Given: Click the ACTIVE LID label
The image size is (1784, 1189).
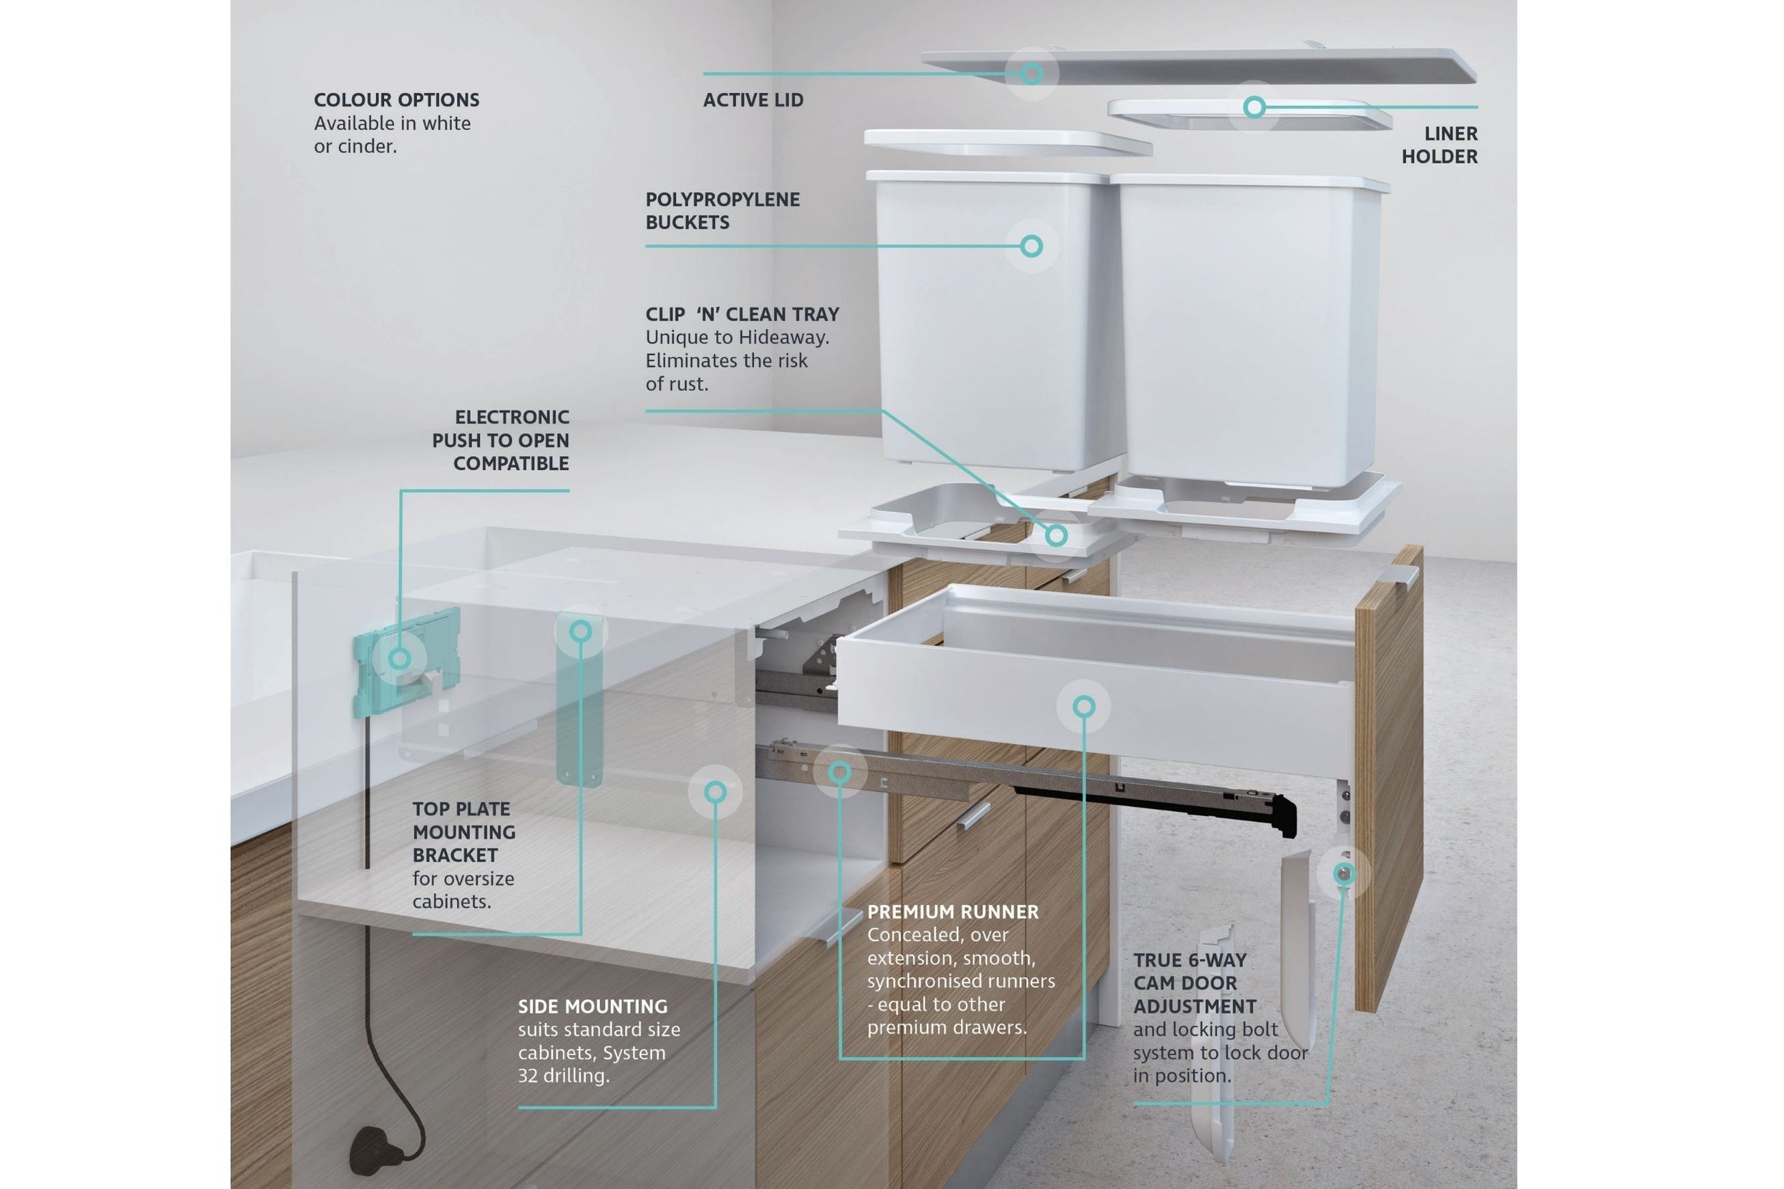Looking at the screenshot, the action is pyautogui.click(x=753, y=100).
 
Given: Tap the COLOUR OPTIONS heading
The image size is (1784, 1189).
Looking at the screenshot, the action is pyautogui.click(x=396, y=100).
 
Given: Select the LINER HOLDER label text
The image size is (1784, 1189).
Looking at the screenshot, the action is pyautogui.click(x=1439, y=145).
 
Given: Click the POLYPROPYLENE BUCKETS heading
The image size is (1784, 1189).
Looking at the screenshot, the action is pyautogui.click(x=722, y=210).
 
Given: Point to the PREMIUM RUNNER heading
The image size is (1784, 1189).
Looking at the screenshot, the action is pyautogui.click(x=953, y=912).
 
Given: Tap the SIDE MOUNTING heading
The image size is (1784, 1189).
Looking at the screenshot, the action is pyautogui.click(x=593, y=1007).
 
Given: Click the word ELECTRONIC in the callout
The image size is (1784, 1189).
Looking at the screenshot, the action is pyautogui.click(x=511, y=417).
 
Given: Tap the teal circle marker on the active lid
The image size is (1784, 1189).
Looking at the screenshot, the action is pyautogui.click(x=1031, y=74).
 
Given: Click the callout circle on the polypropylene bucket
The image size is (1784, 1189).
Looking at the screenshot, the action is pyautogui.click(x=1031, y=246).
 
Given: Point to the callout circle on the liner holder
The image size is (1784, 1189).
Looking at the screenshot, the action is pyautogui.click(x=1254, y=107).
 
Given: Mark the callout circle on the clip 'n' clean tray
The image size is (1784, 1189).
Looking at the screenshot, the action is pyautogui.click(x=1056, y=535).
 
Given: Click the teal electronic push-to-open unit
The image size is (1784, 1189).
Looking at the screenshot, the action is pyautogui.click(x=407, y=661).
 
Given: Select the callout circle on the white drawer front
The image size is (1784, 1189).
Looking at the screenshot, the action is pyautogui.click(x=1084, y=707).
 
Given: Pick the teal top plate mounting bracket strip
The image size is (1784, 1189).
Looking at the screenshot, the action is pyautogui.click(x=580, y=698).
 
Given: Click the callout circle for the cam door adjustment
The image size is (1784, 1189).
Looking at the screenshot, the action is pyautogui.click(x=1343, y=873).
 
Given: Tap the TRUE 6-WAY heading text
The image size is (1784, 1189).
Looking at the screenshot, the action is pyautogui.click(x=1189, y=960).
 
